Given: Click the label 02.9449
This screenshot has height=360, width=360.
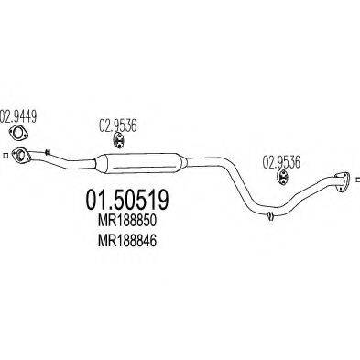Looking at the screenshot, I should click(18, 116).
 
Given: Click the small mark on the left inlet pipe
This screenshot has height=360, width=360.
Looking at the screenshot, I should click(50, 157).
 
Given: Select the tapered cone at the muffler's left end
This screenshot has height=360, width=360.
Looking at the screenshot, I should click(97, 165).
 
